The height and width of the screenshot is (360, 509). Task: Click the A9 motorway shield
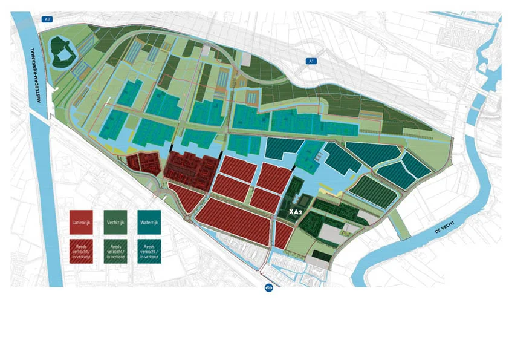tap(46, 19)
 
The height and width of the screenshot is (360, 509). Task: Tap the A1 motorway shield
tap(311, 61)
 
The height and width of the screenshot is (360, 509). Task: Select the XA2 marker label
tap(296, 212)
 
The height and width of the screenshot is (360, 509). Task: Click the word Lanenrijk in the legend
tap(81, 223)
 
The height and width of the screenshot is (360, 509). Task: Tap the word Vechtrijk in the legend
tap(115, 223)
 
